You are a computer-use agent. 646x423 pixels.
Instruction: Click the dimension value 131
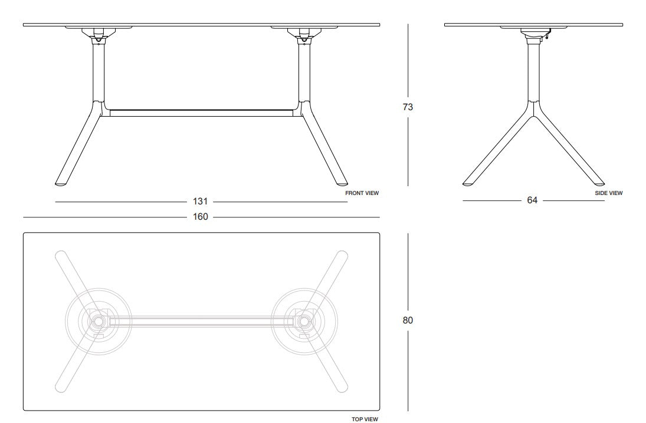pyautogui.click(x=202, y=202)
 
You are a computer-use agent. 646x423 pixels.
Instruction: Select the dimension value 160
pyautogui.click(x=201, y=217)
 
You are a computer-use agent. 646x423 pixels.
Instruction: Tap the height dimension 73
pyautogui.click(x=408, y=107)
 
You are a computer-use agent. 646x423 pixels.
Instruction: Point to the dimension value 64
pyautogui.click(x=532, y=201)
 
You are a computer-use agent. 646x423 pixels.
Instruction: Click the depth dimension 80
pyautogui.click(x=408, y=320)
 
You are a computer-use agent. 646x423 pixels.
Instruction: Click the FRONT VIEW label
pyautogui.click(x=362, y=193)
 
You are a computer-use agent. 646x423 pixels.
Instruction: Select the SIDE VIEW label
pyautogui.click(x=608, y=193)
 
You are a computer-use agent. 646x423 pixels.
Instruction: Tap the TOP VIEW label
pyautogui.click(x=365, y=419)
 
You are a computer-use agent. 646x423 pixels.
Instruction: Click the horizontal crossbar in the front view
pyautogui.click(x=201, y=112)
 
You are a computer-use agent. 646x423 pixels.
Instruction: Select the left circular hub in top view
pyautogui.click(x=97, y=322)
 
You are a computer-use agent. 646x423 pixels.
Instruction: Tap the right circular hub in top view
pyautogui.click(x=304, y=322)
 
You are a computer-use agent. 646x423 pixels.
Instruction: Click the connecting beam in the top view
pyautogui.click(x=201, y=322)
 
